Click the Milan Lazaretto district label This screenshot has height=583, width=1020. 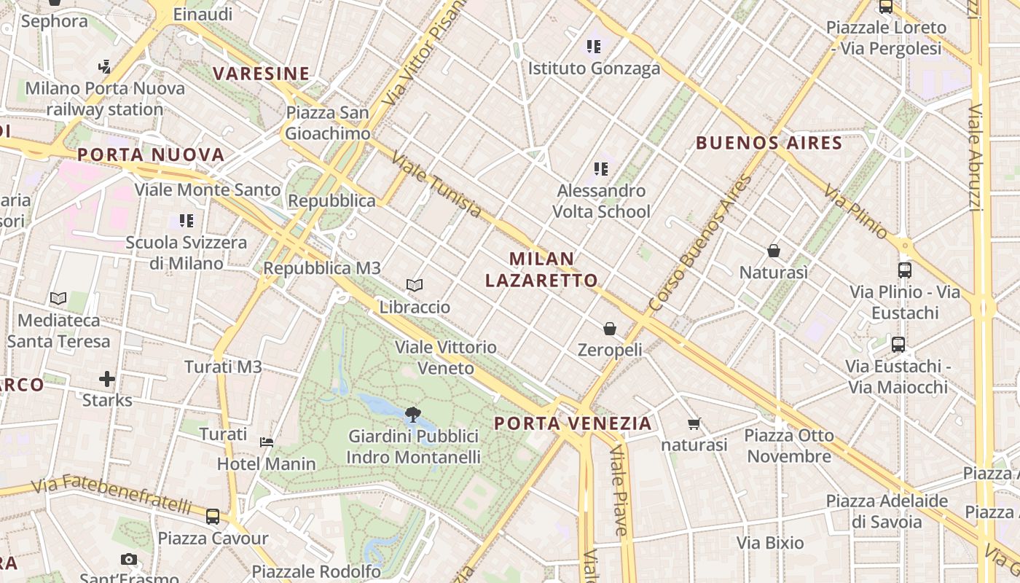coord(541,270)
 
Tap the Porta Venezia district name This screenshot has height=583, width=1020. coord(573,423)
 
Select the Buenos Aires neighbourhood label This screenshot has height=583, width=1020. coord(769,143)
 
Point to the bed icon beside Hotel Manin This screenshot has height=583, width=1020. coord(267,442)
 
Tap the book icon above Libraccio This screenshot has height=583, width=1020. coord(415,285)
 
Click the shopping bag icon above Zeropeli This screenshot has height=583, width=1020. coord(610,329)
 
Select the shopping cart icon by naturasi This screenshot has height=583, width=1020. coord(694,423)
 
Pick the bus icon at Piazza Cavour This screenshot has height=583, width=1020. coord(213,517)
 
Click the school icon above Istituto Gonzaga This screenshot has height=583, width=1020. coord(594,47)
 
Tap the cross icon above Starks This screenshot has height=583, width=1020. coord(107,379)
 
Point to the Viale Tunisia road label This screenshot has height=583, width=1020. coord(436,184)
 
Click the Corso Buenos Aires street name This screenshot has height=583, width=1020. coord(700,243)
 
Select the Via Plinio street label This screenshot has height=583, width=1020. coord(856,211)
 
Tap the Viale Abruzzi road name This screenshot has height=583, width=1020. coord(976,157)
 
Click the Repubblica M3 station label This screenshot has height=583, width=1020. coord(322,268)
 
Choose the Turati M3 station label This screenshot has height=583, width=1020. coord(223,367)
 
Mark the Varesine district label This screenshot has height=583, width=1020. coord(262,74)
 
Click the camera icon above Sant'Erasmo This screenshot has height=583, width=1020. coord(129,559)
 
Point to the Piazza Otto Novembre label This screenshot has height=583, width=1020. coord(789,446)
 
